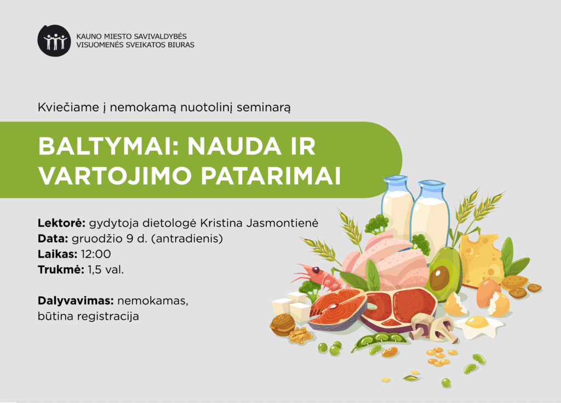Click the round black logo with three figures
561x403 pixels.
(54, 41)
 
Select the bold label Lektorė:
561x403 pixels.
(61, 223)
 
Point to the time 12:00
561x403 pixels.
(96, 254)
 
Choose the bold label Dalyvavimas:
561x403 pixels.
(76, 301)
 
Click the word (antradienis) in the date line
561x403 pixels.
(187, 239)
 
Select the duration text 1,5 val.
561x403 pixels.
(106, 269)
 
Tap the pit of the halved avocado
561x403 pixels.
(440, 279)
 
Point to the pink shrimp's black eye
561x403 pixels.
(316, 269)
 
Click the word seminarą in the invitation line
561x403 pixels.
(264, 107)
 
